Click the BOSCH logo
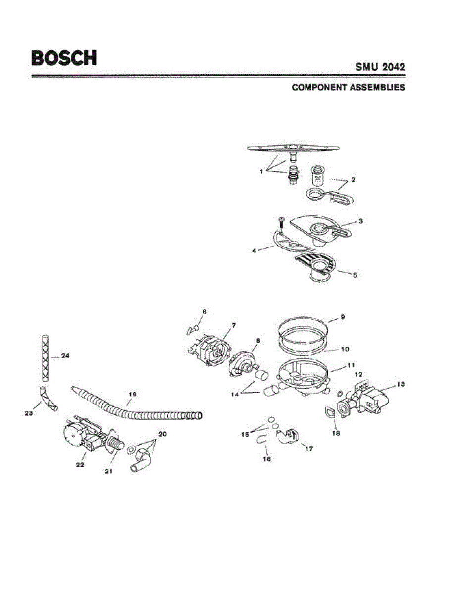click(64, 57)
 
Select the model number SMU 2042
click(379, 67)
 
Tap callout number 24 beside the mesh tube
click(66, 355)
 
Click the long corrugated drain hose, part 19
click(134, 406)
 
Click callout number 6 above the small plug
click(204, 311)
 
